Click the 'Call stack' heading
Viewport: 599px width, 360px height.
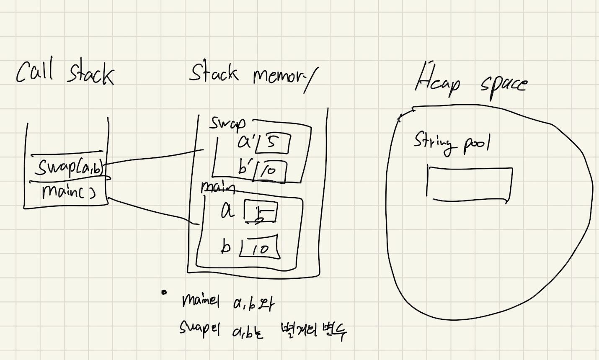[x=65, y=73]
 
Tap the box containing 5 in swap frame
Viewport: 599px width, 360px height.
[x=273, y=143]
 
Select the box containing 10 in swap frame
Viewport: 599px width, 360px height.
[x=270, y=172]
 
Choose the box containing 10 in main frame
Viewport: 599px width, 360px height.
[x=260, y=248]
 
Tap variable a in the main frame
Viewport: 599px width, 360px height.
[x=227, y=211]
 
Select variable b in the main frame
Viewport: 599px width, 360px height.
[x=226, y=247]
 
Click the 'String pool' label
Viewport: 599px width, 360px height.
[x=452, y=142]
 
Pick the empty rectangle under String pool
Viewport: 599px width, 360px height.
[x=470, y=184]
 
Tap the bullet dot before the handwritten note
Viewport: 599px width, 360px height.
[x=164, y=292]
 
